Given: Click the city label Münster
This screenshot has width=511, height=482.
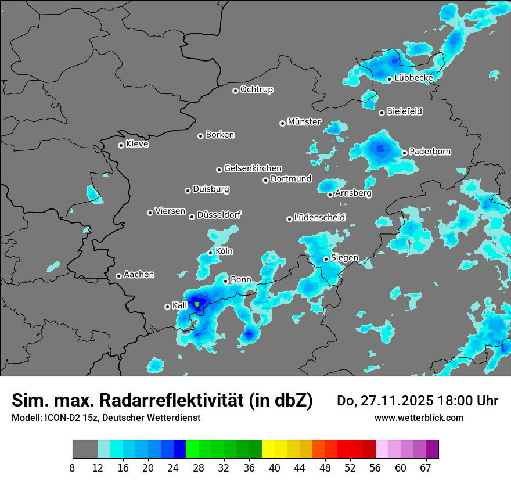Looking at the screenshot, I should pyautogui.click(x=304, y=122).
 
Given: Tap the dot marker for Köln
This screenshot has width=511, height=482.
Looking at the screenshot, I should pyautogui.click(x=211, y=253).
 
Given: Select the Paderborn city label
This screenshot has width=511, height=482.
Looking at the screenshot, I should pyautogui.click(x=430, y=152).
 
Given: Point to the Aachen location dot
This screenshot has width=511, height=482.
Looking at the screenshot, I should pyautogui.click(x=118, y=276).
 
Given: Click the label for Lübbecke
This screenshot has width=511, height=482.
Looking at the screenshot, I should pyautogui.click(x=413, y=78).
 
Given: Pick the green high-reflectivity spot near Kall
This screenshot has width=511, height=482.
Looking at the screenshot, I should pyautogui.click(x=197, y=304).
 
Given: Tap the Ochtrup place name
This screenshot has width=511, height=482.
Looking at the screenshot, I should pyautogui.click(x=257, y=89).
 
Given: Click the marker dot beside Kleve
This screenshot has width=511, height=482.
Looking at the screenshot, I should pyautogui.click(x=121, y=145).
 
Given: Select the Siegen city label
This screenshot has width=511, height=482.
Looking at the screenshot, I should pyautogui.click(x=344, y=258).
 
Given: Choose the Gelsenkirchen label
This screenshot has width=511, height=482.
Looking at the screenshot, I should pyautogui.click(x=253, y=168).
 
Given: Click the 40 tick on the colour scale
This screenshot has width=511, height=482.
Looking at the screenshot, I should pyautogui.click(x=274, y=468).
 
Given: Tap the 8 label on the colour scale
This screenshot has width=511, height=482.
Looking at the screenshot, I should pyautogui.click(x=73, y=468).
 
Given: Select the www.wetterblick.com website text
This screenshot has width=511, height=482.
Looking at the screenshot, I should pyautogui.click(x=419, y=418).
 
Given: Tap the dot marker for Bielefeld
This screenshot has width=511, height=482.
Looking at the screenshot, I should pyautogui.click(x=382, y=113).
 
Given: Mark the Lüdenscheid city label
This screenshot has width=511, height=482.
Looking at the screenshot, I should pyautogui.click(x=319, y=218).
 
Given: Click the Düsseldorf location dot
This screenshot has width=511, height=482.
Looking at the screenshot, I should pyautogui.click(x=192, y=217).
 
